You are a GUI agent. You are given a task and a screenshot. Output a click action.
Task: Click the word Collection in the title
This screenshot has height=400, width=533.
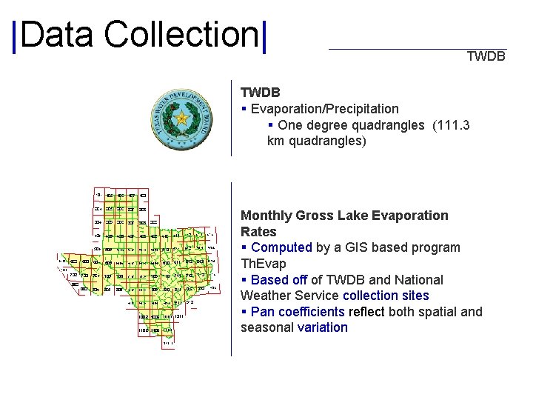click(x=181, y=35)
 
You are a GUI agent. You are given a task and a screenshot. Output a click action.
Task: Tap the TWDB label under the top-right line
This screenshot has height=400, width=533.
click(x=486, y=56)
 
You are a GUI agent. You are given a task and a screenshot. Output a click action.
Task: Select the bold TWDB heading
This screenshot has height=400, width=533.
click(x=261, y=93)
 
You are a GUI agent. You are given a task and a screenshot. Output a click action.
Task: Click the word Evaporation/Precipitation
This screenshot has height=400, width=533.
click(x=325, y=109)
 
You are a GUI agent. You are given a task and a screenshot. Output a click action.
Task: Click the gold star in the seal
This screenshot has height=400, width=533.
click(x=181, y=119)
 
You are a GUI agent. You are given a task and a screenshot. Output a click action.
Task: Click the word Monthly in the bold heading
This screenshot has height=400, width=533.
click(x=266, y=216)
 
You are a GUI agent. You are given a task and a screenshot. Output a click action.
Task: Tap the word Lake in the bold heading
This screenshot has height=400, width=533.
click(x=352, y=216)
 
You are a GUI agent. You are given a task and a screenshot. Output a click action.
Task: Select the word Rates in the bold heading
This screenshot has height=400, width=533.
click(x=258, y=232)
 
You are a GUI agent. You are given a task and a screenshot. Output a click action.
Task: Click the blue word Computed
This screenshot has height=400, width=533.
click(x=282, y=247)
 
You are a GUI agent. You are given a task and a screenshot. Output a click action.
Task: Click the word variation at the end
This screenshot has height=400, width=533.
click(x=322, y=327)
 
